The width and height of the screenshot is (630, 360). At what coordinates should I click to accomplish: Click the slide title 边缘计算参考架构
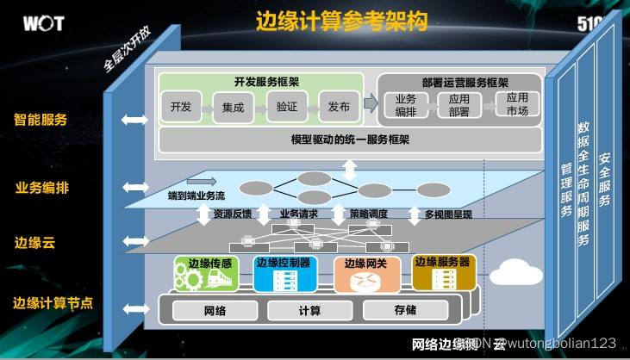342,21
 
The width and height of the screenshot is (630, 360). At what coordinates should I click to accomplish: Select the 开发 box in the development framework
181,108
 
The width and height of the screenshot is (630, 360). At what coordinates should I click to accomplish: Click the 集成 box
233,108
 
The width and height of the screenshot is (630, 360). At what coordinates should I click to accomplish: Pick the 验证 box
286,108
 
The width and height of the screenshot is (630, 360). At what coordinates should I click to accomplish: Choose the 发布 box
339,108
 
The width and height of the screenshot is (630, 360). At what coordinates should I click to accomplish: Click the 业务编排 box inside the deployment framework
406,105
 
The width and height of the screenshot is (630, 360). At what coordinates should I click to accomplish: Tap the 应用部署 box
458,105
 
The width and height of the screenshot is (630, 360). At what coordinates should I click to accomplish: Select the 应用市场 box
518,105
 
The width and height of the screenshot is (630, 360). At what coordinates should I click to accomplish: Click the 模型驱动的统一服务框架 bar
350,139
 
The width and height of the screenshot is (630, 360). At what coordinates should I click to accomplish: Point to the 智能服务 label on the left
41,120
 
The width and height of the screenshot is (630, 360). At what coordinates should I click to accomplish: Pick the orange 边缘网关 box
368,274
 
